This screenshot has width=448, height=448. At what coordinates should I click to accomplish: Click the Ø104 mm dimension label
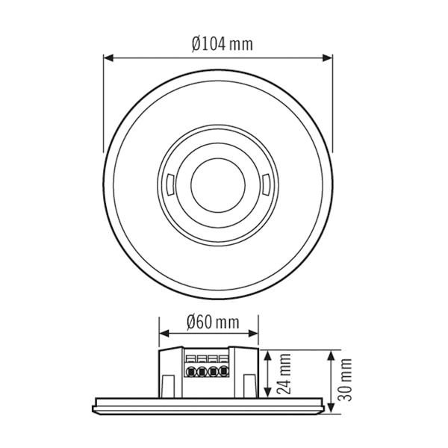point(222,44)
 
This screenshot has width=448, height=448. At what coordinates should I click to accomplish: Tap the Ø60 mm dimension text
point(208,323)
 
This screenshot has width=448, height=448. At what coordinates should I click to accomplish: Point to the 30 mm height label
point(345,379)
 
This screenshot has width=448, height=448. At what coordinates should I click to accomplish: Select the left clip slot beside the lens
point(169,181)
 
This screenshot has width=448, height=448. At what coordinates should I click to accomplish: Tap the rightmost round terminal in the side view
point(223,370)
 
